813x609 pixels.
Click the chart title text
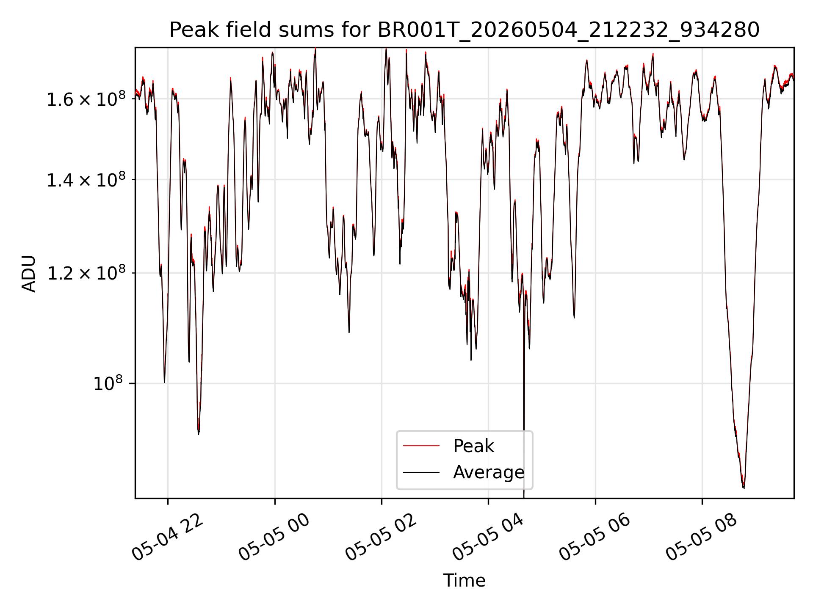tap(465, 30)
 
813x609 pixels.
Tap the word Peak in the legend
tap(473, 446)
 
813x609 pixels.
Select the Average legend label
tap(489, 472)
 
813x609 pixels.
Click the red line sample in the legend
tap(421, 446)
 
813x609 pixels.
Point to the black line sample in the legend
tap(421, 472)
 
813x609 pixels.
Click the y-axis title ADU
tap(29, 274)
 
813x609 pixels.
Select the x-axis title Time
tap(464, 581)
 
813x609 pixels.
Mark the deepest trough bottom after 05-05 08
tap(744, 488)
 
